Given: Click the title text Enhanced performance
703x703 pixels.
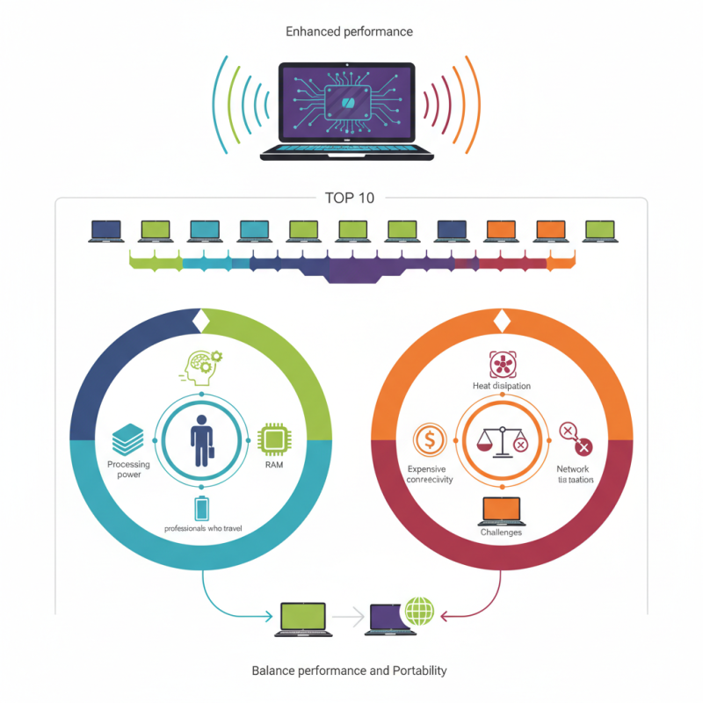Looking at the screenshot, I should [x=349, y=32].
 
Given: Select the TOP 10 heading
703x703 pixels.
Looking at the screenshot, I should [x=350, y=198].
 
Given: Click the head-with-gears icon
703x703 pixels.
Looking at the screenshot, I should [x=201, y=367].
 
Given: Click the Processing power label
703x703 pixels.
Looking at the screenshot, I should [x=129, y=469].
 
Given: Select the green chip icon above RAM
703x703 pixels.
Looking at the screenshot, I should [x=273, y=438].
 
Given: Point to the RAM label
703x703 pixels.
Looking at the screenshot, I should [x=274, y=467].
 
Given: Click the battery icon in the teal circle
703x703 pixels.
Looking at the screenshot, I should [x=202, y=509].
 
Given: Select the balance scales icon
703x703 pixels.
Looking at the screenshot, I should [x=500, y=438].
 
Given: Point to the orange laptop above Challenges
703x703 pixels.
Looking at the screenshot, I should [x=502, y=511].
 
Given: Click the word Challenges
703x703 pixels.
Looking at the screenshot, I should [x=501, y=533].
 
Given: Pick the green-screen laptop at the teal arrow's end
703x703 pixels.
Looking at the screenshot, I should [x=302, y=619].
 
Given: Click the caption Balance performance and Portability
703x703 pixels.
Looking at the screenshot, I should [x=349, y=670].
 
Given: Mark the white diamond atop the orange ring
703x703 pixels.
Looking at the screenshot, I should [x=502, y=322].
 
